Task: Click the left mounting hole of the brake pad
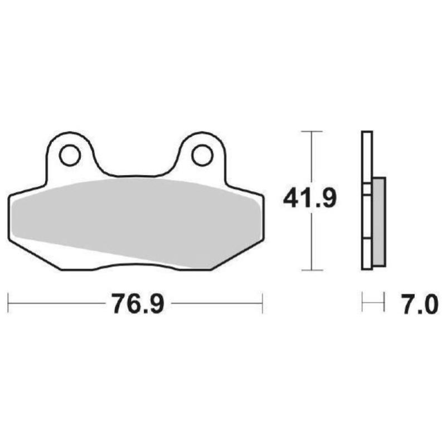[x=70, y=155]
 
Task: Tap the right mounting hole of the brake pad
[x=202, y=155]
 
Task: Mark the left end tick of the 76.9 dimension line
[x=9, y=304]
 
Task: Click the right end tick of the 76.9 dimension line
[x=262, y=304]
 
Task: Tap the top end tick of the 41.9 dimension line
[x=312, y=132]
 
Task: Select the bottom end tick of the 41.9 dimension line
[x=312, y=270]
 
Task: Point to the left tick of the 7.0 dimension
[x=362, y=304]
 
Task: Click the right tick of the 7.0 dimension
[x=385, y=304]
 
